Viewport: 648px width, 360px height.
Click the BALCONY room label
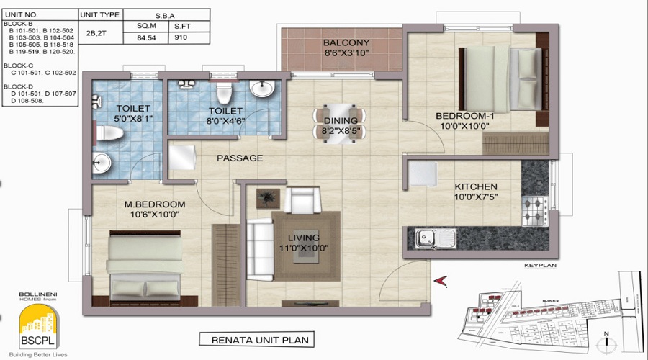click(x=346, y=42)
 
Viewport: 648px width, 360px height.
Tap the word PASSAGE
click(x=240, y=158)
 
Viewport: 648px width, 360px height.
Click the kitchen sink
click(x=429, y=236)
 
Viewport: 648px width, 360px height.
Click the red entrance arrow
click(x=440, y=280)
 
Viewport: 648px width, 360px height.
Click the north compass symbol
click(x=608, y=338)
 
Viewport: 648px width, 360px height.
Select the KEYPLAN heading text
click(x=539, y=266)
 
